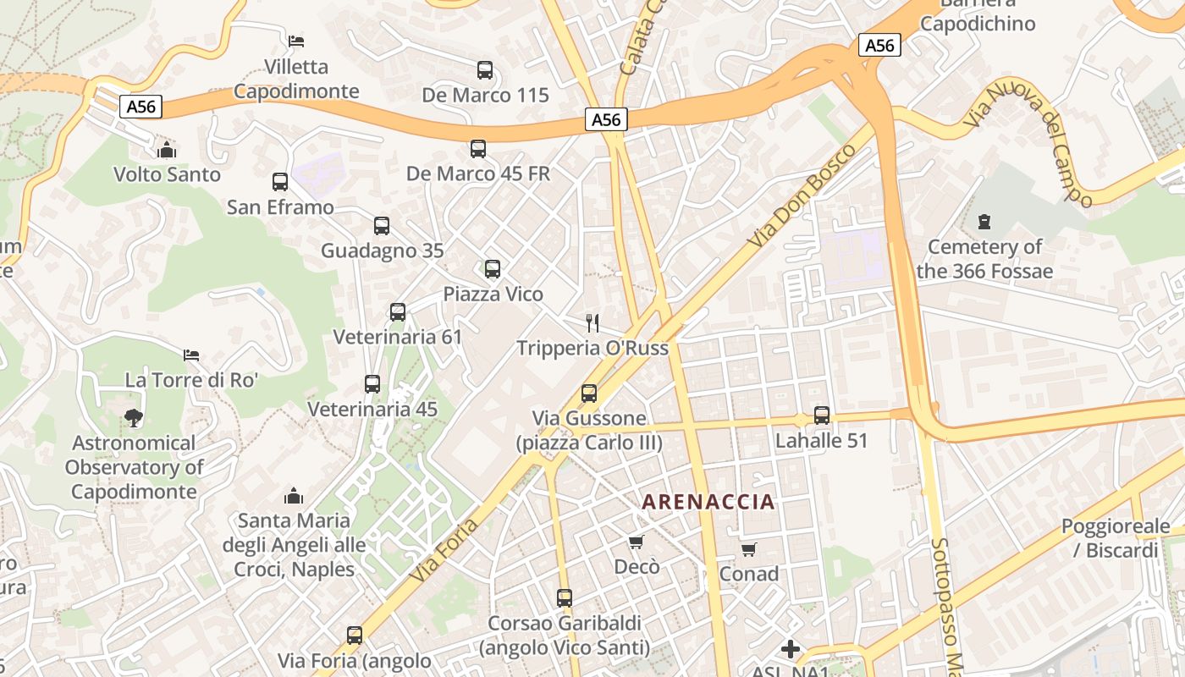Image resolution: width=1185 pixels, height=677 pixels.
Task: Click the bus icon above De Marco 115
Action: (x=485, y=70)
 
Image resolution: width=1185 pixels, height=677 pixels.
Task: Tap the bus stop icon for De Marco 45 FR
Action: (x=478, y=149)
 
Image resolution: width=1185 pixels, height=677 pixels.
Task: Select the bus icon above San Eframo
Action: (x=280, y=182)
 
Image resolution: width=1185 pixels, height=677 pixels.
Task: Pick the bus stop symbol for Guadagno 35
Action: (x=382, y=226)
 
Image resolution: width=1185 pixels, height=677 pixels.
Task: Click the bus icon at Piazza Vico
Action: (x=493, y=269)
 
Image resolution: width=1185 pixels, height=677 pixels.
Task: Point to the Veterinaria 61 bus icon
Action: (x=398, y=312)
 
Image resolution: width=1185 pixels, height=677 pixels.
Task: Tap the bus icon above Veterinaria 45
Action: (x=372, y=384)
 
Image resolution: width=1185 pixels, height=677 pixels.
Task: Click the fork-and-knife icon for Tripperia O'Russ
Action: (x=592, y=322)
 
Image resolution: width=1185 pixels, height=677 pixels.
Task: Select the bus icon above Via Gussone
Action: (x=589, y=394)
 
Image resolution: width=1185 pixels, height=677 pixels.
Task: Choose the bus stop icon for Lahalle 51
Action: (x=822, y=416)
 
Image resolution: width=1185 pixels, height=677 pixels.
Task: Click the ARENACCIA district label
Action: (x=708, y=502)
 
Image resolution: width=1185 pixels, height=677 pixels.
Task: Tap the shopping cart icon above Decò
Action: (x=637, y=542)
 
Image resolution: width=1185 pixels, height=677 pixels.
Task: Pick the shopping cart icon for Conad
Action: (x=749, y=550)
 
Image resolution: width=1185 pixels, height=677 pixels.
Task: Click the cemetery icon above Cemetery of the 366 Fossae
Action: (x=984, y=223)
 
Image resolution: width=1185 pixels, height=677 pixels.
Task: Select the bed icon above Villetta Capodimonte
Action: (x=296, y=41)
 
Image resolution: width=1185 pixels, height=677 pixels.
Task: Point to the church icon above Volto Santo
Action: (x=168, y=150)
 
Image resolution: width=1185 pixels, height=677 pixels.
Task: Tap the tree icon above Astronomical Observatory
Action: (x=133, y=417)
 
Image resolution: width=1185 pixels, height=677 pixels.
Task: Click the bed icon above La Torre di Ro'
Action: (x=191, y=355)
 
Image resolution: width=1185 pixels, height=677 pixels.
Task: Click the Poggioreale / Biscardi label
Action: (x=1116, y=538)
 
